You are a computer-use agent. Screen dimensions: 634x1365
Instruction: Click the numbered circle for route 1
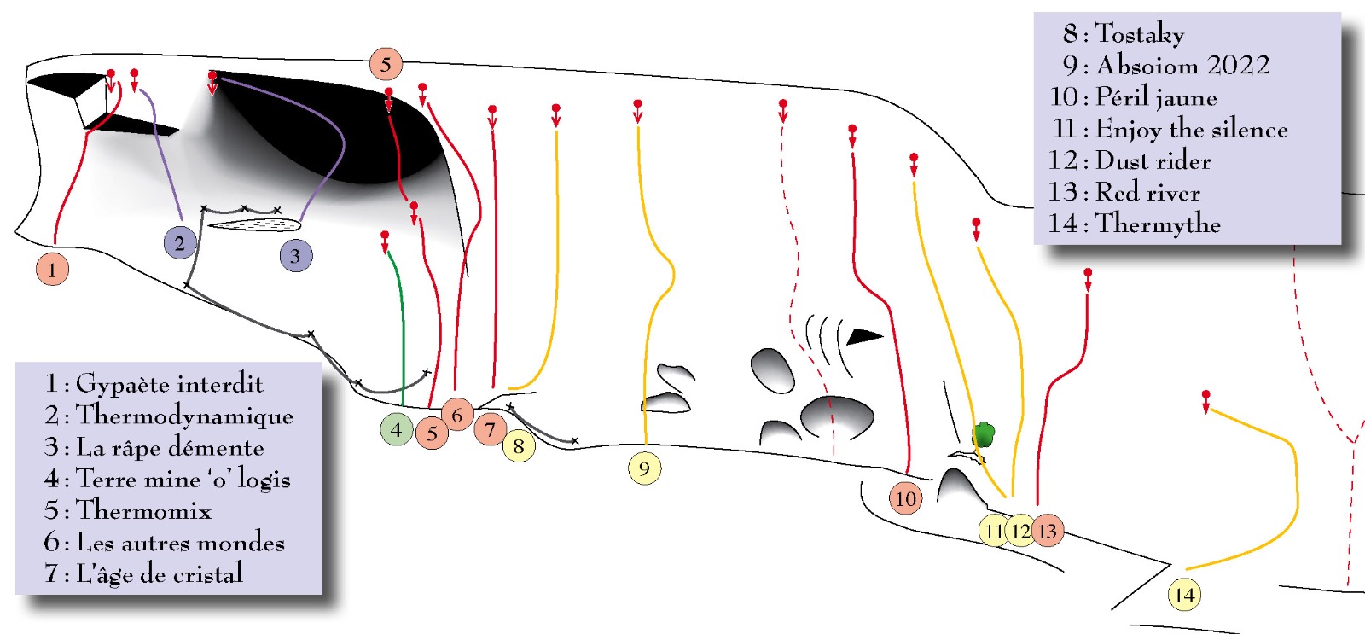click(52, 270)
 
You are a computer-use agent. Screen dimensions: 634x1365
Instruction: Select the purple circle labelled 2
click(179, 243)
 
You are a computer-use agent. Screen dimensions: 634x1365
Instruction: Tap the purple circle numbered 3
click(295, 255)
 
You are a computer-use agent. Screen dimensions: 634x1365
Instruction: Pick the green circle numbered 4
click(396, 429)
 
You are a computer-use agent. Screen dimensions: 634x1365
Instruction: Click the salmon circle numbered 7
click(490, 429)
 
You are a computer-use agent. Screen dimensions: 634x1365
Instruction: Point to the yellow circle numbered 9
click(644, 468)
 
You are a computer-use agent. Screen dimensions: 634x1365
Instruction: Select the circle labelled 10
click(905, 498)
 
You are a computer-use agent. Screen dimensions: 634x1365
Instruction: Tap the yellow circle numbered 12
click(1020, 531)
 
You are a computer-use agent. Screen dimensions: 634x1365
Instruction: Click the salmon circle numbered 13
click(1048, 531)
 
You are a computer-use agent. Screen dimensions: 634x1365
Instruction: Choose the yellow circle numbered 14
click(1184, 595)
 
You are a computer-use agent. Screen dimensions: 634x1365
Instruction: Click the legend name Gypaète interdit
click(169, 384)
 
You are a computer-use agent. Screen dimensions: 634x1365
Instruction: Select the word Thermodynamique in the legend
click(184, 416)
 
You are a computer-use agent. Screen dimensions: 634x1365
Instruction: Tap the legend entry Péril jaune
click(1155, 97)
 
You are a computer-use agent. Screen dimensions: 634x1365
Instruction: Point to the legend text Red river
click(1147, 192)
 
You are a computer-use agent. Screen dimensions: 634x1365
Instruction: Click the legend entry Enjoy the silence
click(1191, 129)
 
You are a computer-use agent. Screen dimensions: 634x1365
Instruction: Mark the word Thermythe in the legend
click(1158, 224)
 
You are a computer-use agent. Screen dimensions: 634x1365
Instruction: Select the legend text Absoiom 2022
click(1182, 66)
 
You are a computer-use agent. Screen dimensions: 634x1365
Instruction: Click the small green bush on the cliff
click(984, 435)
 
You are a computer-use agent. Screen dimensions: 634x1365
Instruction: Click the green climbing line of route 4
click(402, 333)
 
